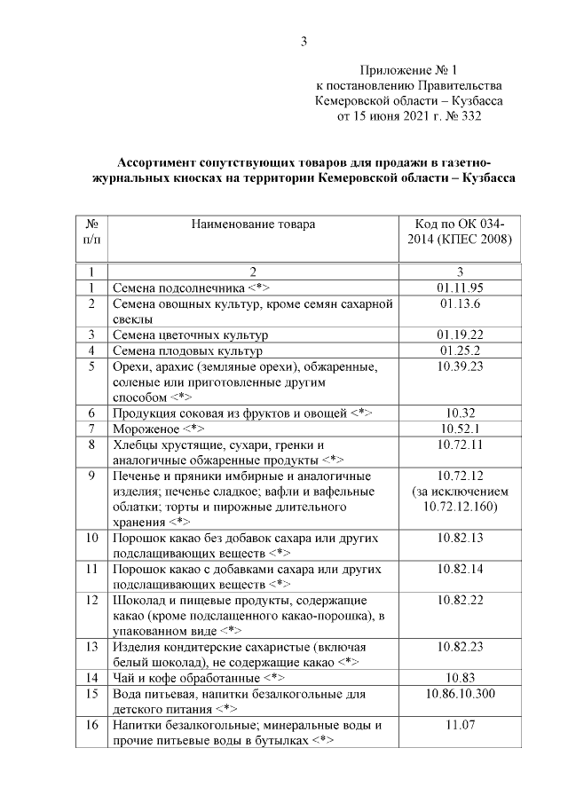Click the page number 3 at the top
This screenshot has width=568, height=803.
pos(304,41)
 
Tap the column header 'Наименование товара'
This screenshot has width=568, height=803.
pos(253,224)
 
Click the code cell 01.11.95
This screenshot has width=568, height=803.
pos(459,287)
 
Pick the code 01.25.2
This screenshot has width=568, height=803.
pos(459,350)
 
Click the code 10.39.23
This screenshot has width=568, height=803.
pos(459,366)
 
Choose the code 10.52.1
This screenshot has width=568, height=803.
pos(459,429)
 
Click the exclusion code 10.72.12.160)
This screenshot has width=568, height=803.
pos(459,506)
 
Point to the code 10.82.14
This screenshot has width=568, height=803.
pos(459,569)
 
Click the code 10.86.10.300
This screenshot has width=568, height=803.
pos(459,694)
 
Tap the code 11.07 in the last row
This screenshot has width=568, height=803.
pos(459,726)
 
